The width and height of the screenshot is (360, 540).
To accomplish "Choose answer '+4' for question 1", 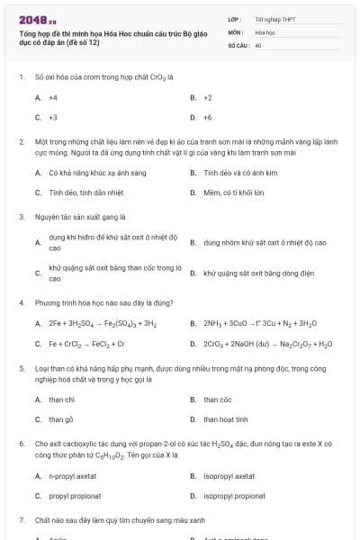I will click(x=53, y=97).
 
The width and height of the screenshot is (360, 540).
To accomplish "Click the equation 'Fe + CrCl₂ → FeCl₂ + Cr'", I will click(x=86, y=344).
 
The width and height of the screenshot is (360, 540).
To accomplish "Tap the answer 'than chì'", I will click(x=62, y=399).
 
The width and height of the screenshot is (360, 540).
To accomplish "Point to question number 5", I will click(x=21, y=368).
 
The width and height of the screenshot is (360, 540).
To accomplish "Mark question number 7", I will click(x=21, y=520).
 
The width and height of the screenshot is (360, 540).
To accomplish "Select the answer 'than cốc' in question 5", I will click(x=217, y=399).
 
